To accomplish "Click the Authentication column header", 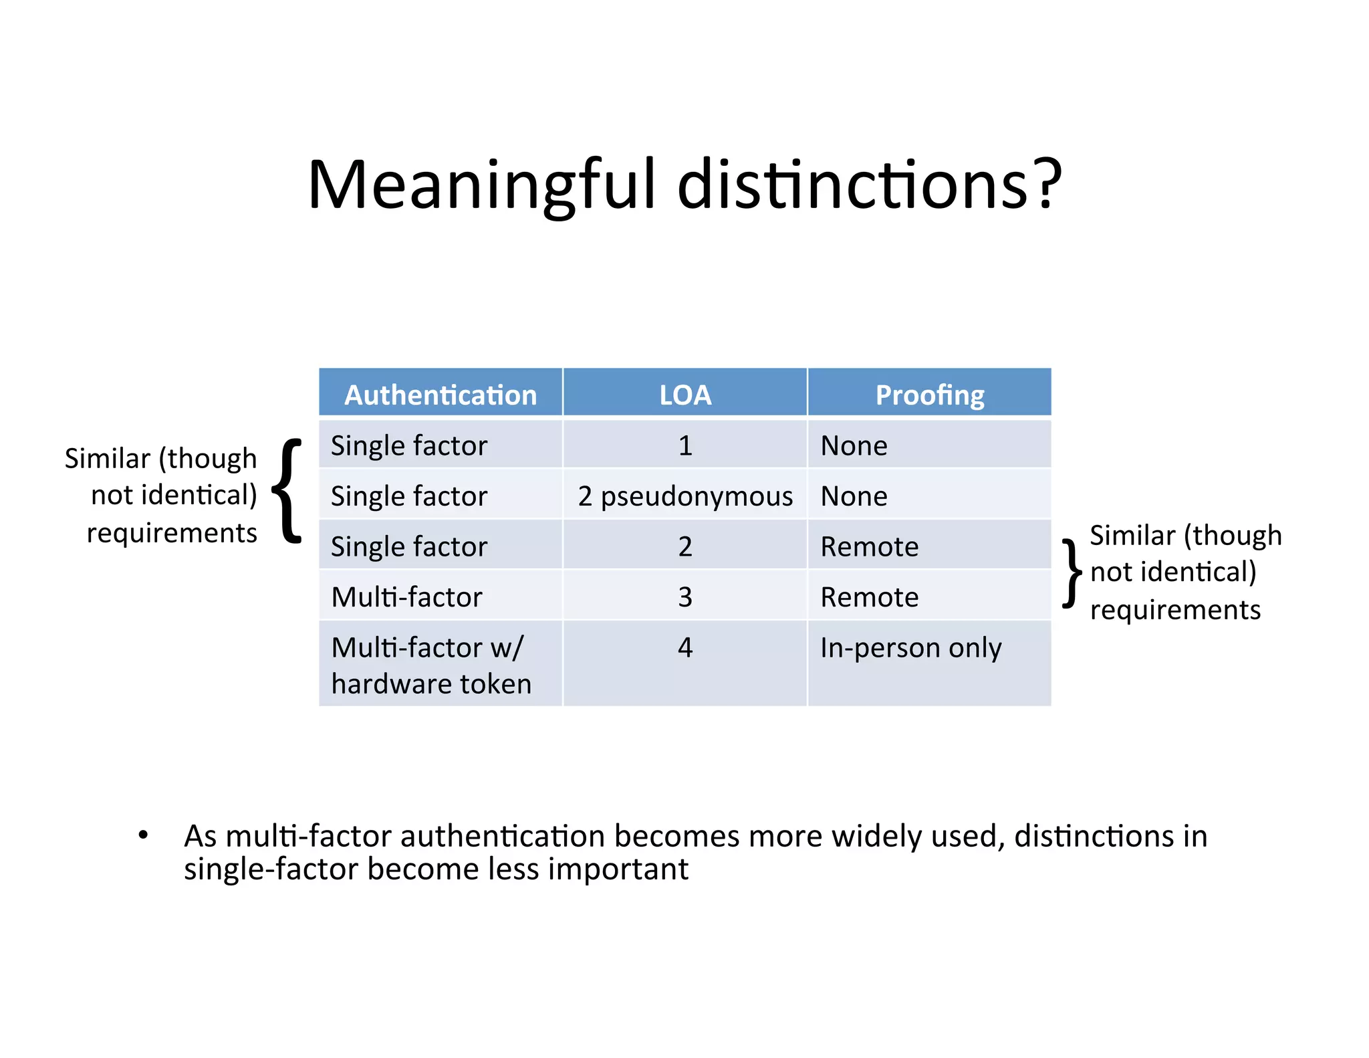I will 441,395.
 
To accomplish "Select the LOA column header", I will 685,395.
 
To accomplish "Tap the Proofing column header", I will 930,395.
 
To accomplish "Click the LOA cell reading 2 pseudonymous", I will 685,496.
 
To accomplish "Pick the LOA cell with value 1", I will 685,445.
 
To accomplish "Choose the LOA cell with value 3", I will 685,597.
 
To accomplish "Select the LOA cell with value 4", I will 685,647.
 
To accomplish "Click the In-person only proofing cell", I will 910,647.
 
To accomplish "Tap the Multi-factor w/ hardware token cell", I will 431,665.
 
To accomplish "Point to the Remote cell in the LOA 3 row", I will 869,597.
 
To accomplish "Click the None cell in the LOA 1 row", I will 854,445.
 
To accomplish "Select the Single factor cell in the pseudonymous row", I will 409,496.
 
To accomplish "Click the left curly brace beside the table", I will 288,491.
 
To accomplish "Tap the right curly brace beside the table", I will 1072,573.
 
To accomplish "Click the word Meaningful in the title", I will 481,185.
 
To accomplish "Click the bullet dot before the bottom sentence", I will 142,835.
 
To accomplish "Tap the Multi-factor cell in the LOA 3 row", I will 406,597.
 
